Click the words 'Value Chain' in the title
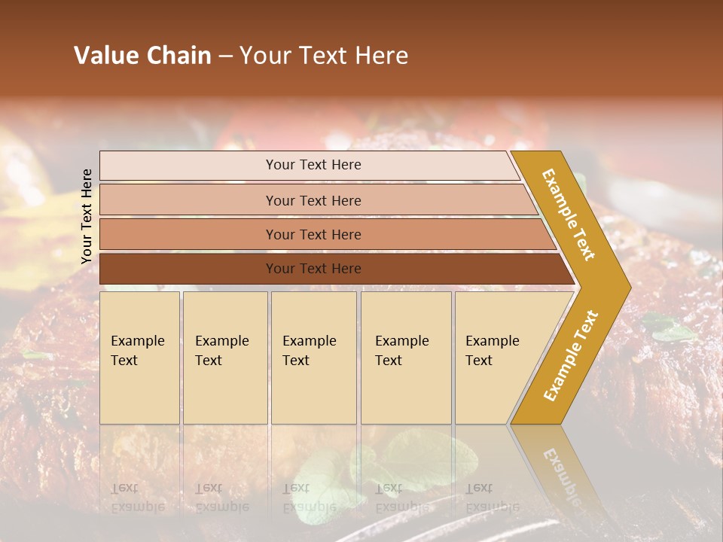click(x=142, y=56)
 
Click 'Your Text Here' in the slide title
click(x=324, y=56)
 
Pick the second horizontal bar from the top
click(x=313, y=200)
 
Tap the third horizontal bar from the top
click(x=313, y=234)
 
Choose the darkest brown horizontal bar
click(x=313, y=269)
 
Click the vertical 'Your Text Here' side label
click(x=87, y=216)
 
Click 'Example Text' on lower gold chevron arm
click(x=570, y=355)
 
